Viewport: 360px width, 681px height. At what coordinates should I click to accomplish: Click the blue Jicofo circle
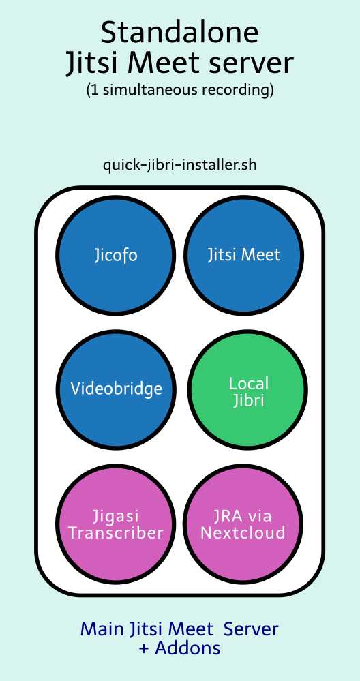coord(115,256)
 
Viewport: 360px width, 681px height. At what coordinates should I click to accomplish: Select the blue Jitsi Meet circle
coord(243,256)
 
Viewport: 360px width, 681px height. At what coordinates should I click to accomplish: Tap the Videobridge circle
coord(115,389)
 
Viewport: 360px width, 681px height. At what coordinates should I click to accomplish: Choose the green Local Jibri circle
coord(248,389)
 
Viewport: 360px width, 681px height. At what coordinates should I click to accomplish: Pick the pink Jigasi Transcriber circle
coord(115,524)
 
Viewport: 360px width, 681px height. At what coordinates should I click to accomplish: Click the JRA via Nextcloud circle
coord(243,524)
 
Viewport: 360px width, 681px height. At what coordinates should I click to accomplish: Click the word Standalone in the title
coord(180,33)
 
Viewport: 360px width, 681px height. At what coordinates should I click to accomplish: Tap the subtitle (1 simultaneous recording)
coord(180,90)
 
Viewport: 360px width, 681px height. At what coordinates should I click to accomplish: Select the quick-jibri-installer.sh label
coord(180,165)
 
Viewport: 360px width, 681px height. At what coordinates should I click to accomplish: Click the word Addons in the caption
coord(187,648)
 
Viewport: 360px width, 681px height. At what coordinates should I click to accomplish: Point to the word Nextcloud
coord(243,532)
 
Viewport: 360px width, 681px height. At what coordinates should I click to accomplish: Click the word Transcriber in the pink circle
coord(116,532)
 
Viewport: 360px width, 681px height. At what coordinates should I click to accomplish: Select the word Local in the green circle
coord(249,383)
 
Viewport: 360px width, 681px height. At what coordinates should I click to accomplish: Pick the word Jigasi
coord(115,517)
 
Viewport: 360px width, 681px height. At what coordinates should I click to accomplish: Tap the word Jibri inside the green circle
coord(248,401)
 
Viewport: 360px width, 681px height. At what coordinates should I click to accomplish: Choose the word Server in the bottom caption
coord(252,629)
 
